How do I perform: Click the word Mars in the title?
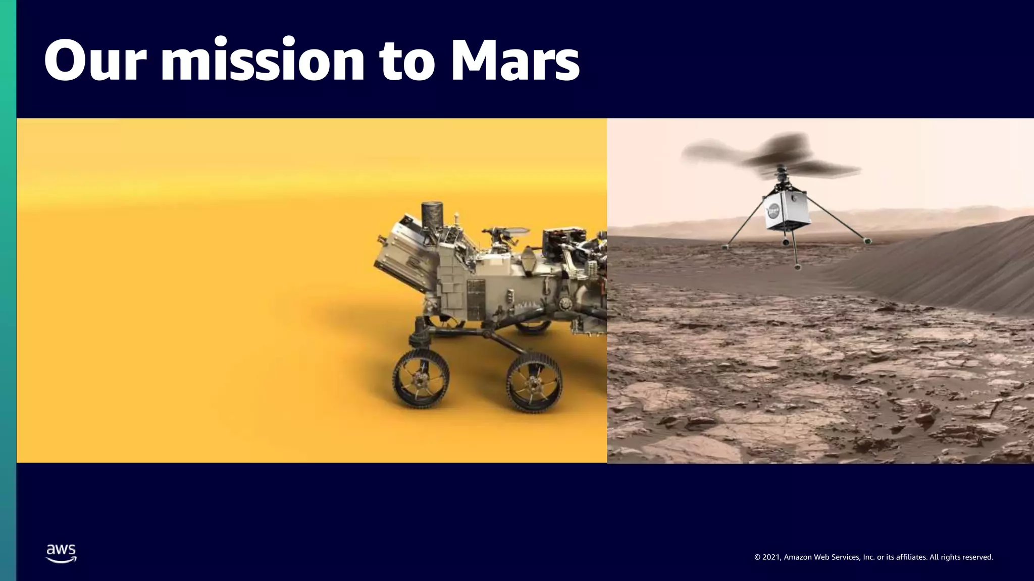pos(515,61)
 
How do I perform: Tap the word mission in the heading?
pos(263,61)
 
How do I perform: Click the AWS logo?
pos(61,553)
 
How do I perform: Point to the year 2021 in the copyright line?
pos(771,557)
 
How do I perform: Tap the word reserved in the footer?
pos(977,557)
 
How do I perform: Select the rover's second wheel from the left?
pos(534,382)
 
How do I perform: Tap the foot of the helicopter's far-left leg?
pos(726,247)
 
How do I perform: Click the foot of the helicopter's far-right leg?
pos(867,242)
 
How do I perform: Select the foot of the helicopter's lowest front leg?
pos(797,267)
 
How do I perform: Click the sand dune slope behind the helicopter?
pos(959,267)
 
